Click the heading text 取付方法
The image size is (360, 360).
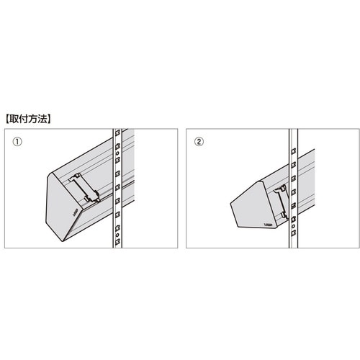click(x=29, y=119)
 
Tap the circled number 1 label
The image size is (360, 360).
click(x=17, y=142)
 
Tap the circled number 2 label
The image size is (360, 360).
click(x=199, y=142)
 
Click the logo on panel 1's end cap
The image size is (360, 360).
click(x=75, y=213)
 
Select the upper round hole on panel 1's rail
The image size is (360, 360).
click(x=117, y=153)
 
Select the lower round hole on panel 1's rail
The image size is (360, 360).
click(x=117, y=234)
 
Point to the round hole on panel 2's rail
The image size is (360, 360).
click(x=293, y=226)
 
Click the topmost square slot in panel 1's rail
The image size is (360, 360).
click(x=117, y=132)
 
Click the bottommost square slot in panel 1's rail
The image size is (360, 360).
click(x=117, y=242)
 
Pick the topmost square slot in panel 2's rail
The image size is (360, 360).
click(x=293, y=151)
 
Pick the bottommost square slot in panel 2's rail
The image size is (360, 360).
click(x=293, y=233)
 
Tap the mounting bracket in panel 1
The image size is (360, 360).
click(x=84, y=188)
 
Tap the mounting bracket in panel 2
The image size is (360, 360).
click(x=282, y=202)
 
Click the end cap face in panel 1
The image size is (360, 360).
click(x=63, y=207)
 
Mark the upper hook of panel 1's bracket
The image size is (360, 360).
click(x=73, y=178)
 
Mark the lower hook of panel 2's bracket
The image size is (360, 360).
click(x=284, y=215)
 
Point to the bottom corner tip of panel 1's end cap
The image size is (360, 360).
click(x=63, y=241)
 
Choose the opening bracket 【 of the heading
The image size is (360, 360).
click(x=7, y=119)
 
